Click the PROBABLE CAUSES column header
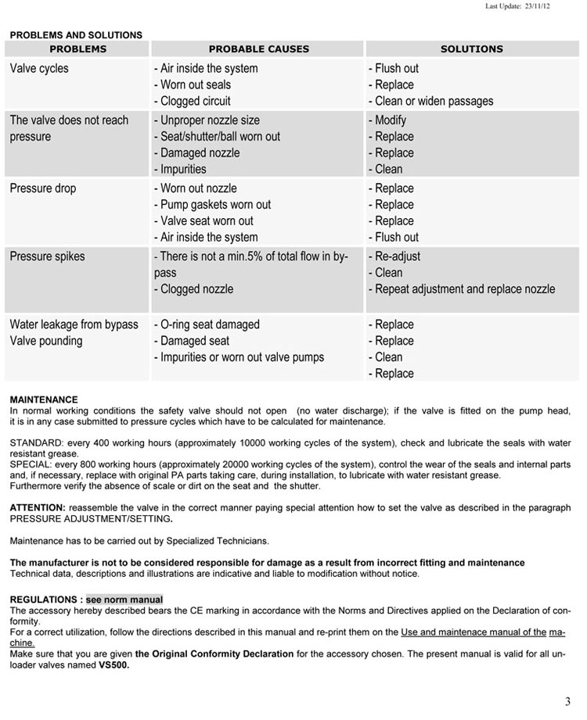(x=258, y=48)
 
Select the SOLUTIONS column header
(x=471, y=48)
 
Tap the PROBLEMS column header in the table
(x=77, y=48)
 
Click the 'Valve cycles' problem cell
(x=39, y=69)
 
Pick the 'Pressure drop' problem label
(x=43, y=188)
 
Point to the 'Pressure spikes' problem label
(x=47, y=256)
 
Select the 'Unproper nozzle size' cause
(x=207, y=120)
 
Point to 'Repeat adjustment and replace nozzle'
(x=462, y=289)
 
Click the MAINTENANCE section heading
(x=44, y=399)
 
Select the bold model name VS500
(x=113, y=665)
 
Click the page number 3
(x=567, y=700)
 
